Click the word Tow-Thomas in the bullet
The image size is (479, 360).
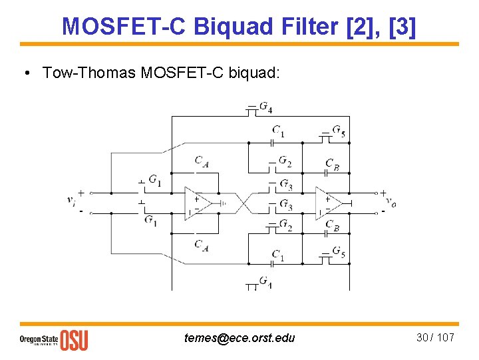tap(88, 72)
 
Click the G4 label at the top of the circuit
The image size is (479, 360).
tap(265, 107)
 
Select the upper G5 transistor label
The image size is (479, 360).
tap(339, 130)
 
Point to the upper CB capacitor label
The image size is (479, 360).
tap(332, 163)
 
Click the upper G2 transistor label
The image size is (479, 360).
tap(284, 161)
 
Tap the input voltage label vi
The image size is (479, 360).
tap(71, 200)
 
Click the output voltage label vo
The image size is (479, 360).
tap(393, 203)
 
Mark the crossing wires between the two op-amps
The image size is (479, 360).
tap(243, 203)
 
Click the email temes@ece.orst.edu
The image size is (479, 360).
tap(239, 338)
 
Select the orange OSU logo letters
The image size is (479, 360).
tap(73, 339)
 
